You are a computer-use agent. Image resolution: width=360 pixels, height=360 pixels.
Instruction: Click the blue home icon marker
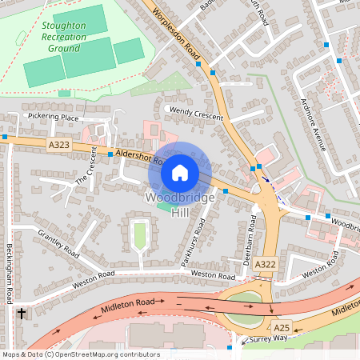point(180,172)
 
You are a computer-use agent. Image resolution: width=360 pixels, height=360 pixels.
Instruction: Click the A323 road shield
point(58,145)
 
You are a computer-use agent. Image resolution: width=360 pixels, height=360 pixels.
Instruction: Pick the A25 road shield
point(282,328)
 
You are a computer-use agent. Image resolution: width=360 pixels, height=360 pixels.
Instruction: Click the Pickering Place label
point(52,118)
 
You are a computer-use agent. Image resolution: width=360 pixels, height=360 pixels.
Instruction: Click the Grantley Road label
point(58,242)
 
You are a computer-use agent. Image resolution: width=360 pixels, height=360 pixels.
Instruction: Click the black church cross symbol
point(20,314)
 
